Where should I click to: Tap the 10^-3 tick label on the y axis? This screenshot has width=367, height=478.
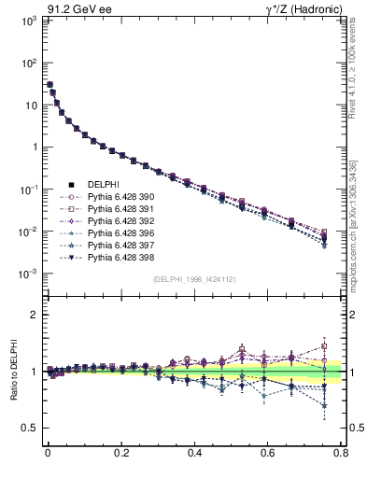coord(28,274)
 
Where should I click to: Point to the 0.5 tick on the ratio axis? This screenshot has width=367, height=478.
coord(30,428)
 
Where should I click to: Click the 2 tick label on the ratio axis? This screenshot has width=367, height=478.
coord(34,316)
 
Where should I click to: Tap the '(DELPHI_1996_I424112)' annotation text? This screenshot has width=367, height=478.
coord(193,279)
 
